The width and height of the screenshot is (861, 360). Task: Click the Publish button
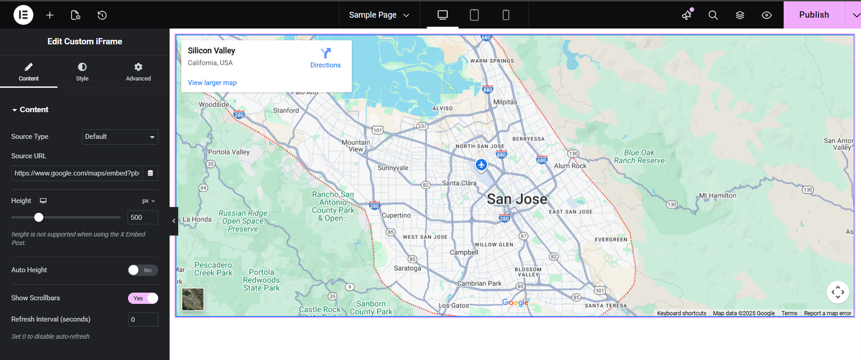814,15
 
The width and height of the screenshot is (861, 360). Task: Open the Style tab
82,72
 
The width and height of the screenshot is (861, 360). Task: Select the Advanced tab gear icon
138,67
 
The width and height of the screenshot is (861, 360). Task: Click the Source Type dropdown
119,137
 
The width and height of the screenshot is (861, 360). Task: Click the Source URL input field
77,173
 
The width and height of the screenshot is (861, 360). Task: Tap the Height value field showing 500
143,217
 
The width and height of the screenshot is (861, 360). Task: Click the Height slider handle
39,217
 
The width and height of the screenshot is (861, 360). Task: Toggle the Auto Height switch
143,270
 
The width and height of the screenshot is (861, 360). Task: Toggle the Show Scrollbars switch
143,298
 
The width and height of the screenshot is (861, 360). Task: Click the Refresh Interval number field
143,320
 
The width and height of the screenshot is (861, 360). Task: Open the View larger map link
212,83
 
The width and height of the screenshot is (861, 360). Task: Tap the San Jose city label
517,200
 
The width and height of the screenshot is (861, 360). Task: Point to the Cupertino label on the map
396,215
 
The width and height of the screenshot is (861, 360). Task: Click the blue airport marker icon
481,165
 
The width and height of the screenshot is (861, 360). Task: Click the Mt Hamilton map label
717,196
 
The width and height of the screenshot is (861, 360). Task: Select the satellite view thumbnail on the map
193,299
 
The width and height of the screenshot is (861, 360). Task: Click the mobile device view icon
506,15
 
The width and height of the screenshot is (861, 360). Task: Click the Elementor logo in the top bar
23,15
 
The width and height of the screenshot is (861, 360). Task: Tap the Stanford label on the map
286,111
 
